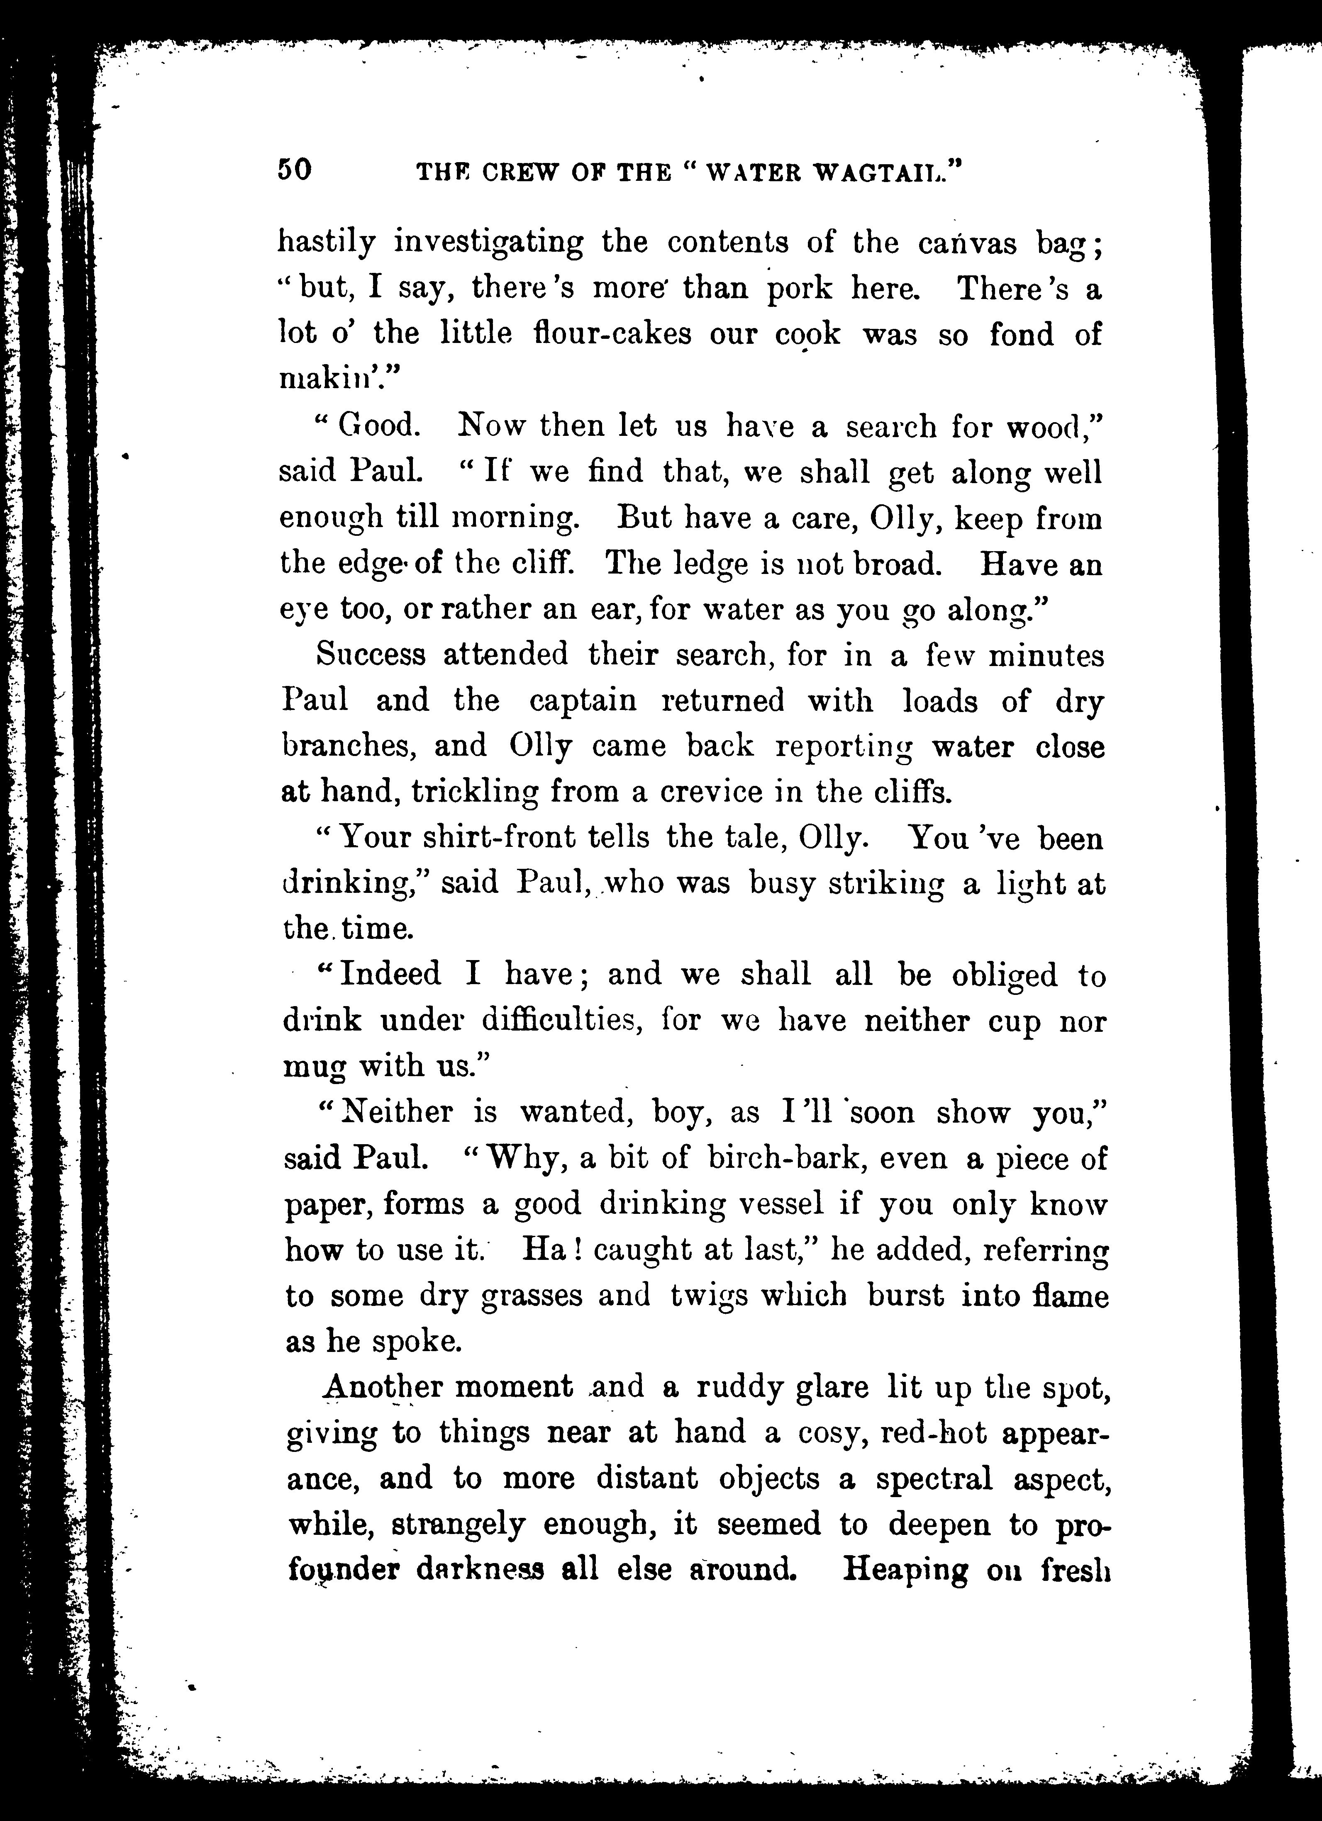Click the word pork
800,288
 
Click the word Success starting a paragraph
370,654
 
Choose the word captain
583,700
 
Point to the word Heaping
905,1570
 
